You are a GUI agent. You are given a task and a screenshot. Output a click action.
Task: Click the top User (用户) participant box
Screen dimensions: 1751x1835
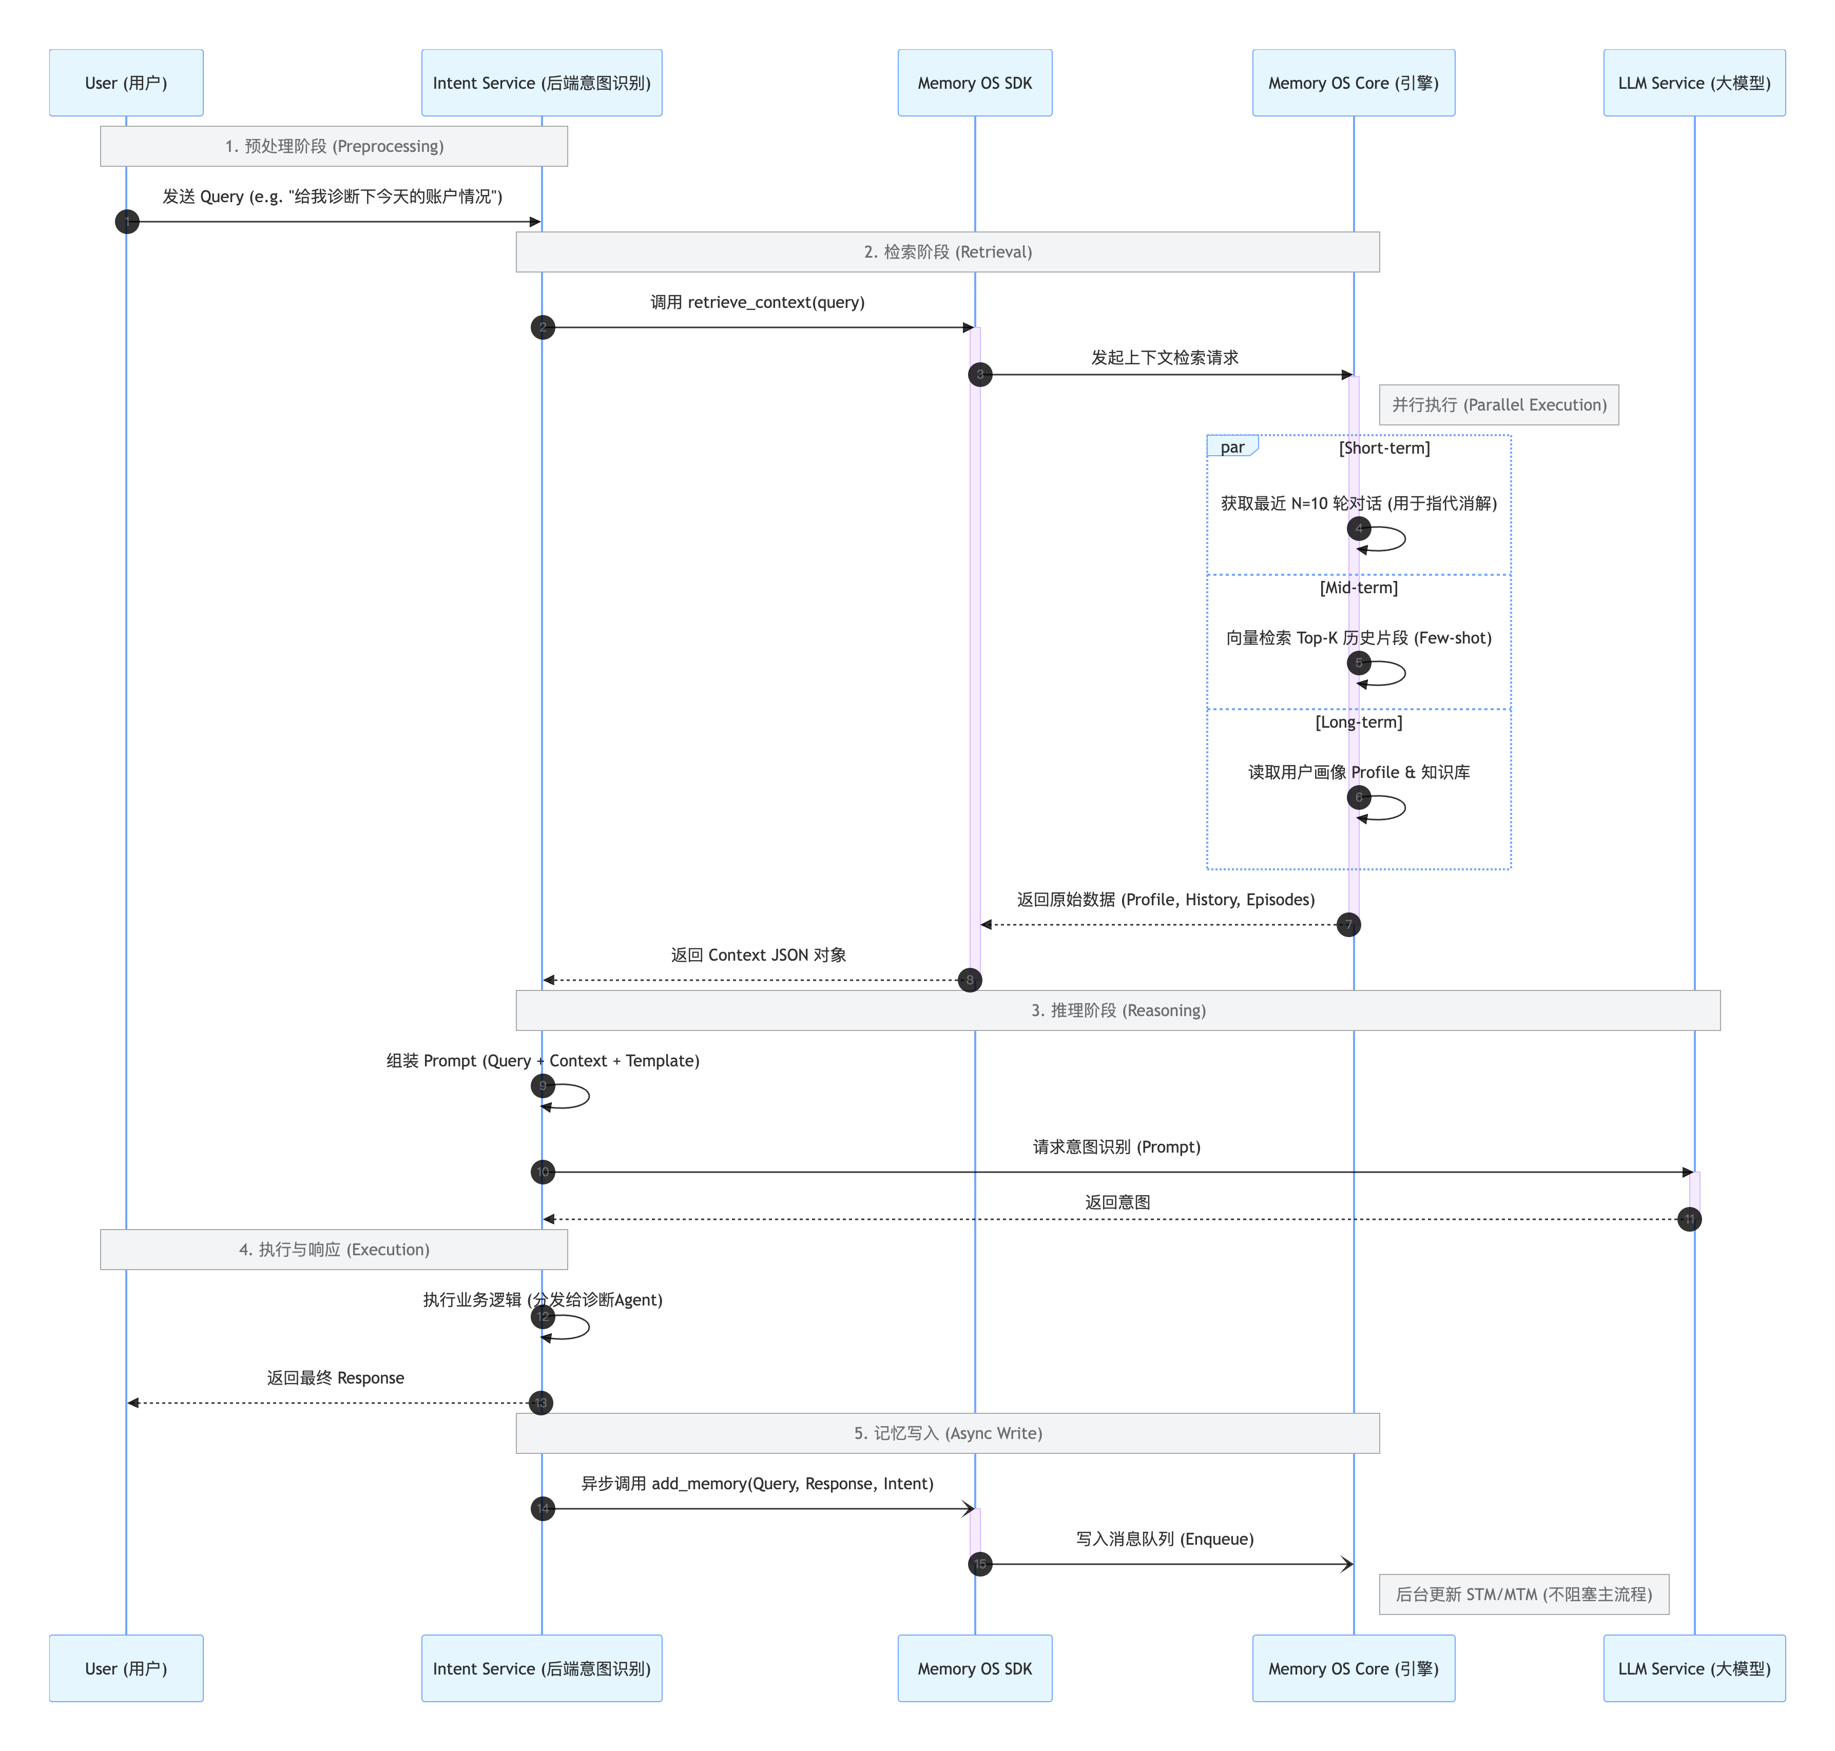pos(126,83)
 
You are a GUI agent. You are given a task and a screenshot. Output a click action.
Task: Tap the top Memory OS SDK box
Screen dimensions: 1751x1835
pos(974,83)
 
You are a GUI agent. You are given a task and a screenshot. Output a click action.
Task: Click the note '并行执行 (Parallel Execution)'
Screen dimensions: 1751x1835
pos(1498,404)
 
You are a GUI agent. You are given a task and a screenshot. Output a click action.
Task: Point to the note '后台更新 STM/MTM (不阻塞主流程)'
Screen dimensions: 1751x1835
pos(1523,1594)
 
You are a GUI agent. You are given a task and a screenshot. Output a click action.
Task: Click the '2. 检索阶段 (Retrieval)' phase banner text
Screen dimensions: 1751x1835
pos(948,252)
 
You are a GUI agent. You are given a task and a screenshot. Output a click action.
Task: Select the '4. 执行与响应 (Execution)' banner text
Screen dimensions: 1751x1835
pos(334,1249)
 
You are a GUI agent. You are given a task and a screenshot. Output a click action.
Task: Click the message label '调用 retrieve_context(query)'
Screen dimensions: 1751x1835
pos(757,302)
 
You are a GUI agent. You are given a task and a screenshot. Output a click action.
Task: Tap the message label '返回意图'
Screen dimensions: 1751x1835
pos(1117,1202)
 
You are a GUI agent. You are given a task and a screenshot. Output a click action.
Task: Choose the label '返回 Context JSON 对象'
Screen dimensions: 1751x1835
pos(758,955)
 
